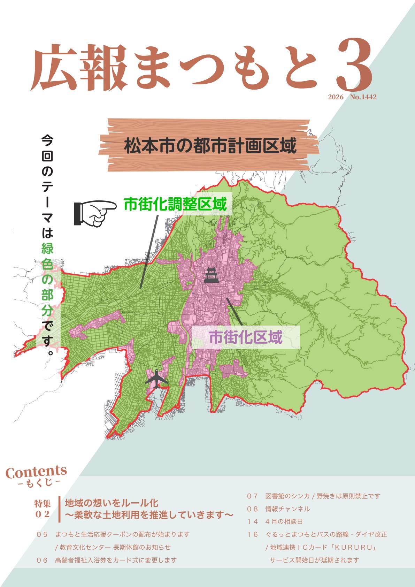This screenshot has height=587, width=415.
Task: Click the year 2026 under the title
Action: [x=336, y=97]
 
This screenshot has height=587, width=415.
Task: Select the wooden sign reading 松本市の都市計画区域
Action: [x=209, y=146]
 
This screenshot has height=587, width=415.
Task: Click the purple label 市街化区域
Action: [x=245, y=337]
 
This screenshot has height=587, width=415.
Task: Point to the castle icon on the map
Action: [x=211, y=275]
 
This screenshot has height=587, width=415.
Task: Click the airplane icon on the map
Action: [x=156, y=379]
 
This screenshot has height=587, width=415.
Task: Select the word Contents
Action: [x=36, y=472]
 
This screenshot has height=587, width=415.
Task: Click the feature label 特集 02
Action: [x=43, y=509]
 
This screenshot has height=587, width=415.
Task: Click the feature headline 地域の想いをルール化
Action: [x=112, y=503]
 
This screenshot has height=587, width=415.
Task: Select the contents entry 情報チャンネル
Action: [x=287, y=509]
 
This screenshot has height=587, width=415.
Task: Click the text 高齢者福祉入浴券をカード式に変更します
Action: [x=116, y=560]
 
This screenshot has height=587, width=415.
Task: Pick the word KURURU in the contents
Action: [x=353, y=547]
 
